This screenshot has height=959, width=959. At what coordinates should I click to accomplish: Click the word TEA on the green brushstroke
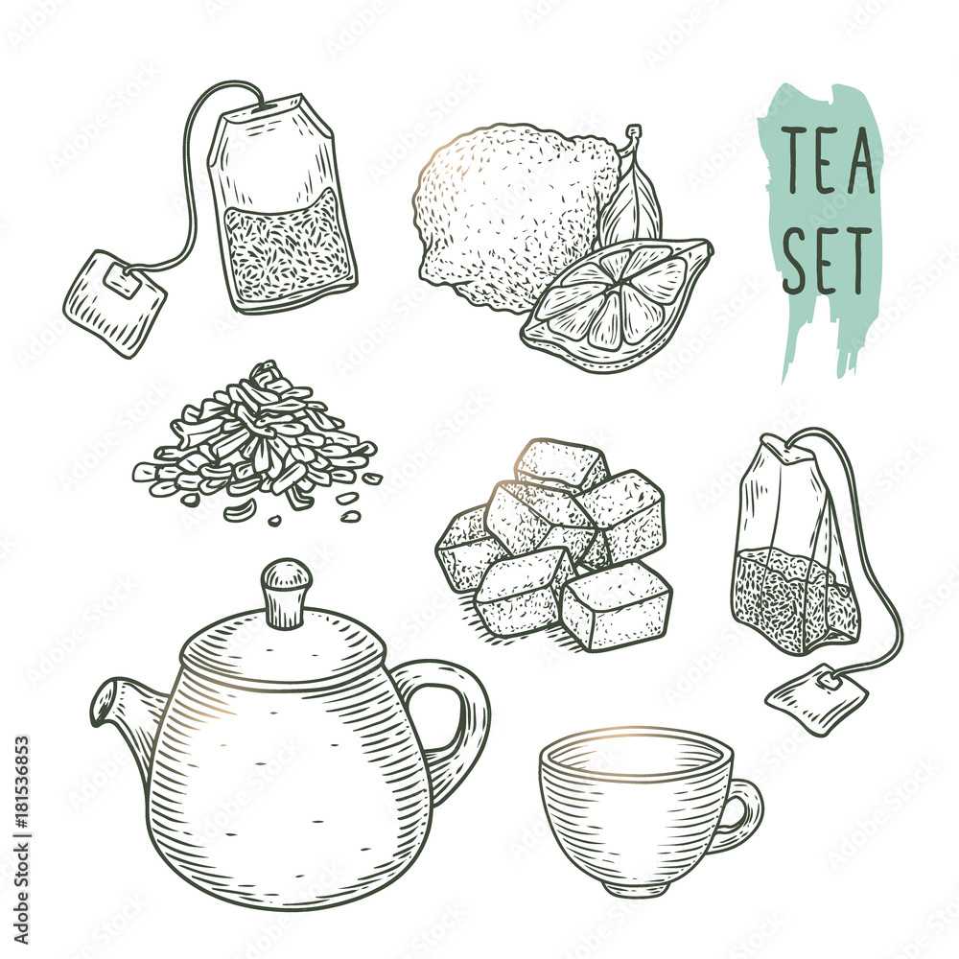point(830,162)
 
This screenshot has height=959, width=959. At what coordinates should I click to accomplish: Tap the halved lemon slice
point(618,303)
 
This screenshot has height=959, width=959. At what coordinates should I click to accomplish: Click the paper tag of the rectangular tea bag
point(113,302)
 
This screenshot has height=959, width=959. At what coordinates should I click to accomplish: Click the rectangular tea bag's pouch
point(283,206)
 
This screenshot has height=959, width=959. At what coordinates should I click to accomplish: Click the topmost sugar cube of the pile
point(561,465)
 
